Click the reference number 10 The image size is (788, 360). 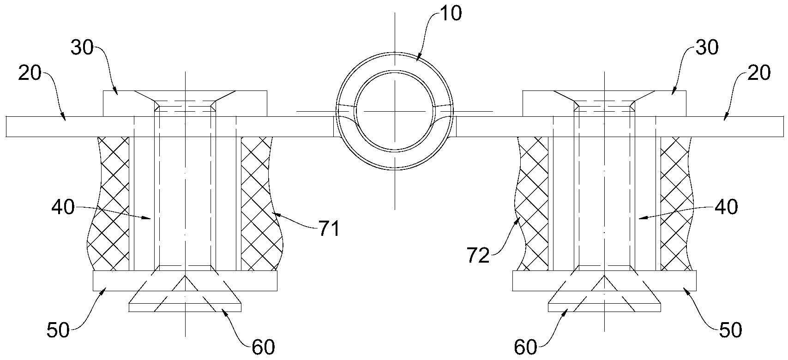point(450,14)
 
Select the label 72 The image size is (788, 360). point(478,256)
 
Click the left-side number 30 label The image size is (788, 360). point(82,48)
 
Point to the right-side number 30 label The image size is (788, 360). point(707,48)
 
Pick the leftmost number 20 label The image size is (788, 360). point(30,73)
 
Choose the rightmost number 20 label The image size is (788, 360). point(759,73)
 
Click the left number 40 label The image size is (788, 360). point(63,207)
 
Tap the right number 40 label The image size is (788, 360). point(726,207)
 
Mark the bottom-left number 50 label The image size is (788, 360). point(59,330)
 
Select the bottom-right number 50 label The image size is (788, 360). point(730,330)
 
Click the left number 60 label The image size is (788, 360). point(263,348)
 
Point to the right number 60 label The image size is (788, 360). point(526,348)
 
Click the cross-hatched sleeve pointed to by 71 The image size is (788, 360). point(260,204)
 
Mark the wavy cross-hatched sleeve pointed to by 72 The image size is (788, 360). point(532,204)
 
